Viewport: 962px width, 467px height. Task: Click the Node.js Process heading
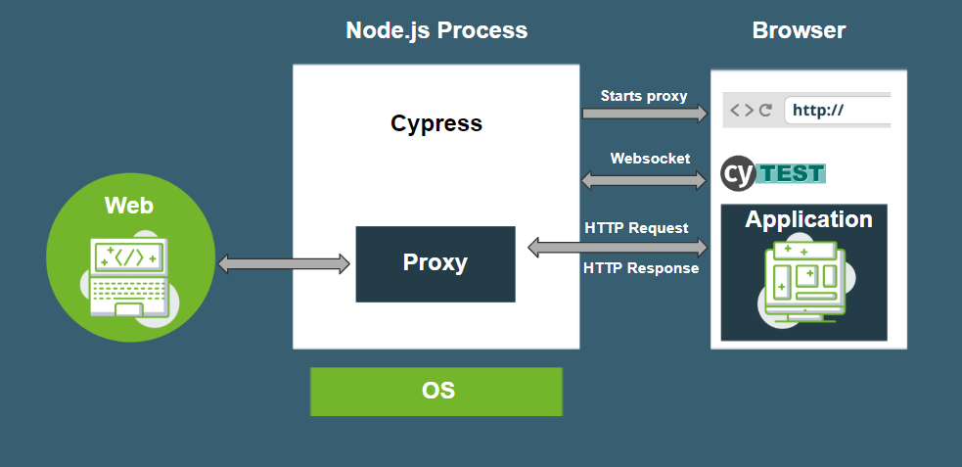(x=436, y=30)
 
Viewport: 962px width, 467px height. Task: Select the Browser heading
(x=799, y=30)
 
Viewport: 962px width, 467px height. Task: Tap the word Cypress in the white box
(x=436, y=123)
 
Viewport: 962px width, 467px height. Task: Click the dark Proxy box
(x=435, y=263)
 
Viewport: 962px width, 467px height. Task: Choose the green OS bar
(x=436, y=391)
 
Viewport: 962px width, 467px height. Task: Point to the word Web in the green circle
(x=129, y=206)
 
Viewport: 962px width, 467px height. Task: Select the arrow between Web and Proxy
(x=284, y=263)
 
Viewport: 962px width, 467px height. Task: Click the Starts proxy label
(x=643, y=96)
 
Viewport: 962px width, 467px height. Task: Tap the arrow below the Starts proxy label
(x=644, y=115)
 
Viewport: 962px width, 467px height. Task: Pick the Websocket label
(x=650, y=158)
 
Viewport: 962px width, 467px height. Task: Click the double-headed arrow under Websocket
(x=644, y=180)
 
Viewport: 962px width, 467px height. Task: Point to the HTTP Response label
(x=641, y=268)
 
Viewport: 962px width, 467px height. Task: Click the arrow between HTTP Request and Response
(x=618, y=248)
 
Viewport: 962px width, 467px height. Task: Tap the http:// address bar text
(x=818, y=110)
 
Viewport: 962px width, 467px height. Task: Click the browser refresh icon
(x=765, y=110)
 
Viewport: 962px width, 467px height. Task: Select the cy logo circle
(x=739, y=173)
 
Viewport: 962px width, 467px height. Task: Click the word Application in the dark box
(x=808, y=219)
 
